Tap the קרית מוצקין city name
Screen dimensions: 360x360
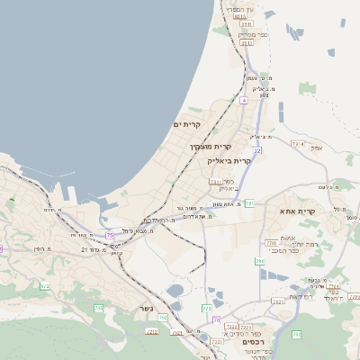coord(211,146)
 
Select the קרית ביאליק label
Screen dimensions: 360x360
coord(228,160)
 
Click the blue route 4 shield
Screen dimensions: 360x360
coord(243,100)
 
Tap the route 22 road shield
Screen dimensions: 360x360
coord(257,150)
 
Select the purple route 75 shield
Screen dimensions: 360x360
coord(110,235)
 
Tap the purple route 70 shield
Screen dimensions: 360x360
coord(216,319)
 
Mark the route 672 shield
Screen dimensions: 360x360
coord(44,286)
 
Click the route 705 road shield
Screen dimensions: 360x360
coord(98,308)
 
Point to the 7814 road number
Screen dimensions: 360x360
coord(298,144)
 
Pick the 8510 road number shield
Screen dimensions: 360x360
coord(239,16)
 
